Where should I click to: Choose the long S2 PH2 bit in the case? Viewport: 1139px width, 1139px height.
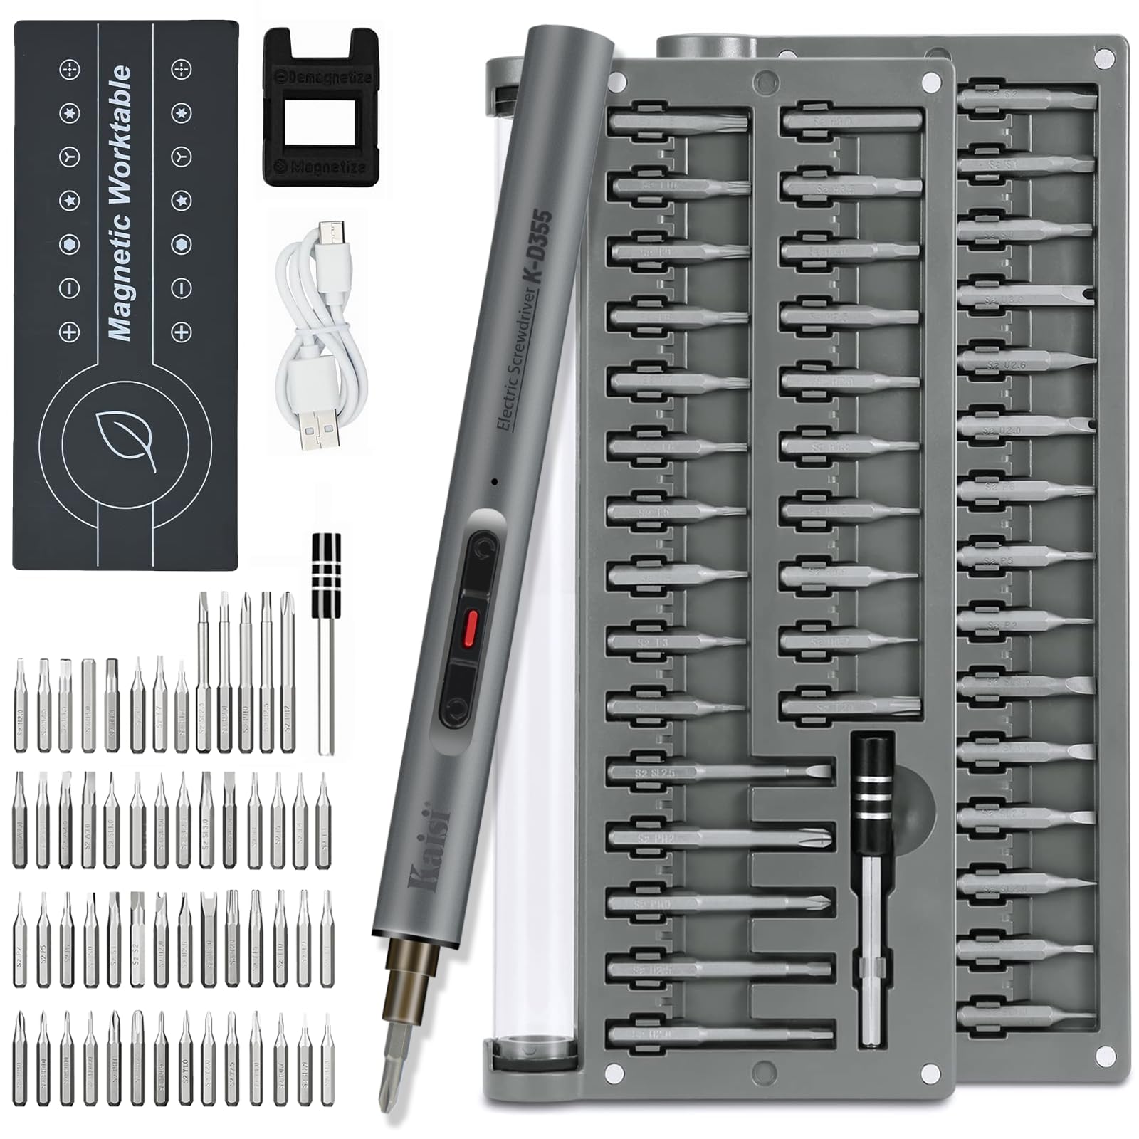point(719,838)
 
